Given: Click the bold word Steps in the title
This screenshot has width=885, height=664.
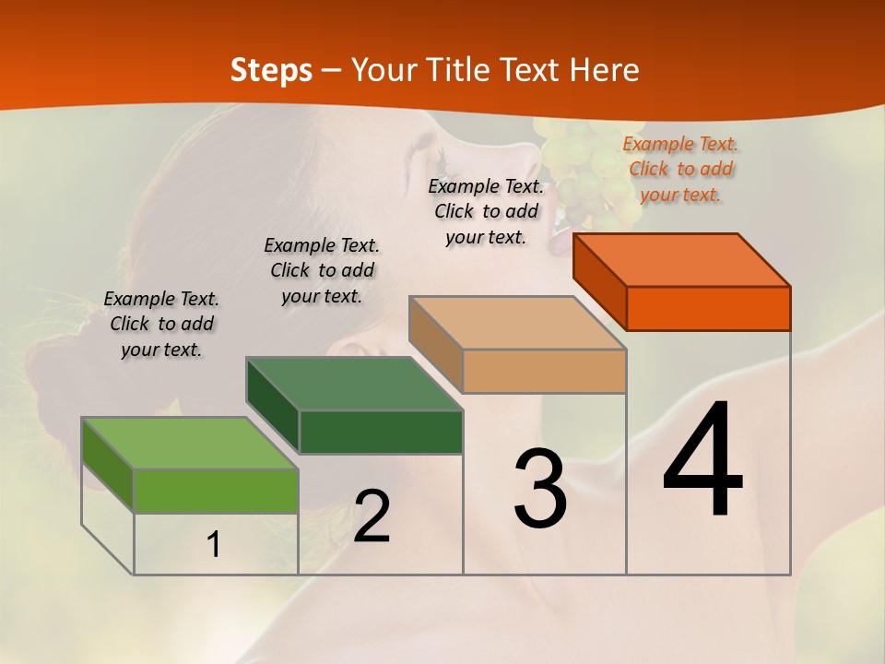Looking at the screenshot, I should (271, 70).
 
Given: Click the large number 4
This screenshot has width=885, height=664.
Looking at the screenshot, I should (702, 461).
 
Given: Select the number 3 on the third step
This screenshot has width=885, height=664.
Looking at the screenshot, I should (539, 489).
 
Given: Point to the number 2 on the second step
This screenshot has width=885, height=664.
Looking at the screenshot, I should (372, 516).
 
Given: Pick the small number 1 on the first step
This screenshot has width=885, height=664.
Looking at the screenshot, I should (214, 545).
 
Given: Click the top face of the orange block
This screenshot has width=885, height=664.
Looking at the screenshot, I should (682, 260).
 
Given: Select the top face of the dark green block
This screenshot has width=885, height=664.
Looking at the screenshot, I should (354, 384).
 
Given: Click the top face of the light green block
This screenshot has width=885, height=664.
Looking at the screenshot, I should (190, 444).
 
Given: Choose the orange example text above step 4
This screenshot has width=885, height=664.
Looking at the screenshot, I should (680, 169).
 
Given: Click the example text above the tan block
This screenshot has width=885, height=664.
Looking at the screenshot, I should (486, 211).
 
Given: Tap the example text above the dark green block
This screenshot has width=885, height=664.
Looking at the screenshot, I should (322, 270).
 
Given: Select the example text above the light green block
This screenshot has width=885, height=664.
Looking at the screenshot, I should (161, 324).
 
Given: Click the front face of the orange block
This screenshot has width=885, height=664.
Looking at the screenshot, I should (708, 308).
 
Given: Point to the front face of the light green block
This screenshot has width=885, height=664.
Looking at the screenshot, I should (216, 491).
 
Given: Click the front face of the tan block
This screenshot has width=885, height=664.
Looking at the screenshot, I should (544, 371).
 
